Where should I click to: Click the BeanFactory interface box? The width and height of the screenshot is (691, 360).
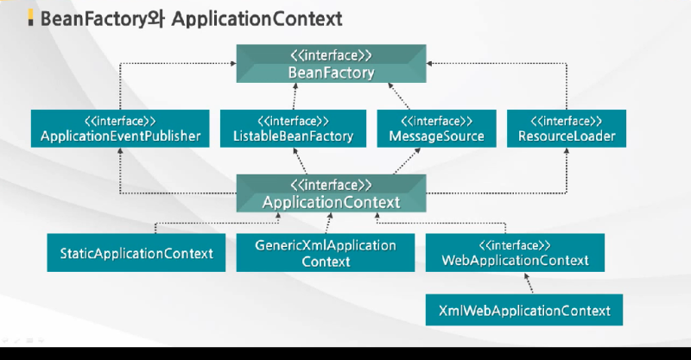tap(332, 65)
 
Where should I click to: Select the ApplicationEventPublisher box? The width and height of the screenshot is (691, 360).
tap(120, 129)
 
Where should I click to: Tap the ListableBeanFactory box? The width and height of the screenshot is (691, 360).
tap(293, 129)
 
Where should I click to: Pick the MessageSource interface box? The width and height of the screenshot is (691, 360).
tap(437, 129)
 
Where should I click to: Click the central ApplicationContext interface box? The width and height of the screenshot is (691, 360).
tap(332, 194)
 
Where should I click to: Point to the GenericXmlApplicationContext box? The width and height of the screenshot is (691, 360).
tap(326, 253)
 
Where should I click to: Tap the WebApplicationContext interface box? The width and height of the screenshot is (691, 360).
tap(515, 253)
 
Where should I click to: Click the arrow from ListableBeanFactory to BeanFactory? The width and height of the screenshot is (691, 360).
tap(299, 97)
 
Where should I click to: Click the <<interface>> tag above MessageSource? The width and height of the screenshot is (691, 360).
tap(437, 120)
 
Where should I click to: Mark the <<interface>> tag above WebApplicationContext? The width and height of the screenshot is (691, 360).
tap(515, 244)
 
